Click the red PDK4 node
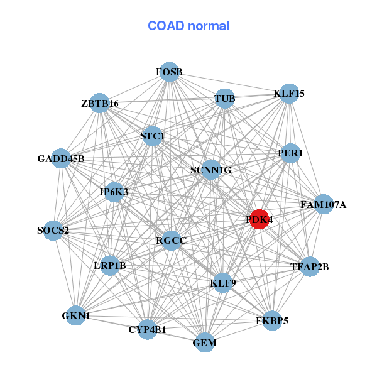(x=259, y=219)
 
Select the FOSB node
(x=168, y=72)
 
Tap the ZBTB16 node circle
(x=100, y=103)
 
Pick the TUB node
(x=224, y=99)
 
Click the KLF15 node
(x=288, y=94)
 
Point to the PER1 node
(x=290, y=153)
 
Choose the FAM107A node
(x=323, y=204)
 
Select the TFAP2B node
(x=309, y=266)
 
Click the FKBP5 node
(x=272, y=320)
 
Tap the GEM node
(x=205, y=342)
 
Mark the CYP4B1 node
(x=147, y=329)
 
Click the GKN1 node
(x=75, y=315)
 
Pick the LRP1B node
(x=110, y=265)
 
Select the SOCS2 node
(x=53, y=230)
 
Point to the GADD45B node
(x=61, y=158)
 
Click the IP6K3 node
(x=114, y=192)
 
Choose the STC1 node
(x=153, y=136)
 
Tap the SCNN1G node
(x=211, y=170)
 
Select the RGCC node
(x=172, y=239)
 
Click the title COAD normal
(x=188, y=26)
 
